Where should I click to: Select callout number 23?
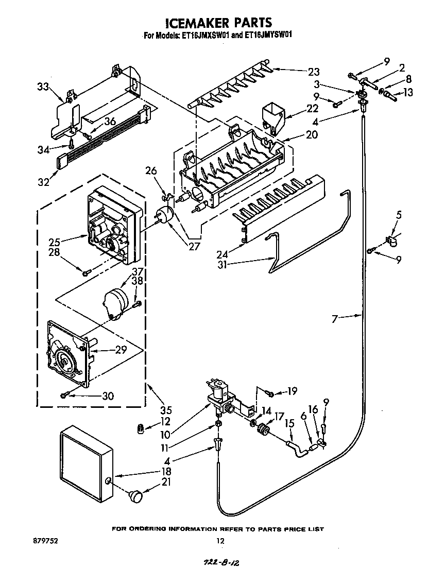click(314, 72)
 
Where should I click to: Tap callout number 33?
click(44, 87)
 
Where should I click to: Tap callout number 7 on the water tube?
click(335, 319)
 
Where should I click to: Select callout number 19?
click(292, 391)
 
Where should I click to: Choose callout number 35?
click(165, 410)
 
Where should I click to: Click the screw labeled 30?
click(64, 395)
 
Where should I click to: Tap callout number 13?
click(408, 93)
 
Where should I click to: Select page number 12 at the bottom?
click(220, 541)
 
